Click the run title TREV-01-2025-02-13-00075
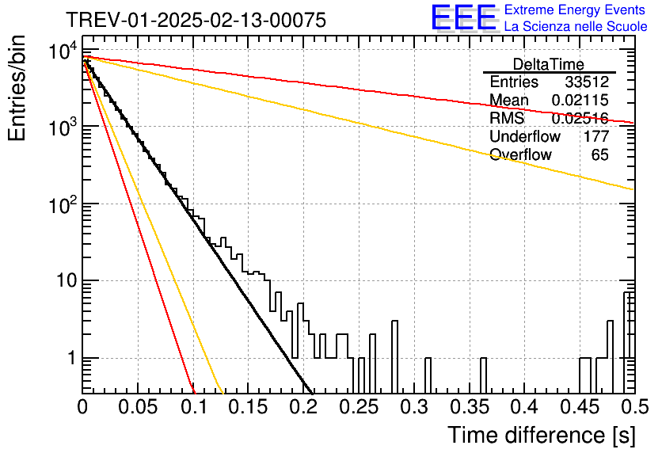tap(196, 20)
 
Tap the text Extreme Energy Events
tap(575, 10)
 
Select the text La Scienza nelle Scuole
tap(576, 26)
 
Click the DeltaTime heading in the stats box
tap(549, 64)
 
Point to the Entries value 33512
tap(587, 82)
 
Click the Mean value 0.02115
tap(580, 100)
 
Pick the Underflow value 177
tap(596, 136)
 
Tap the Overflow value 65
tap(600, 154)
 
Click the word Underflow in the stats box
tap(525, 136)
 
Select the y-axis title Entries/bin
tap(17, 88)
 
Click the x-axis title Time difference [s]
tap(542, 435)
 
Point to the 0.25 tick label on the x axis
tap(360, 407)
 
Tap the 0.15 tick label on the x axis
tap(249, 407)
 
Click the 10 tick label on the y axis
tap(67, 280)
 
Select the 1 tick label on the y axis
tap(71, 358)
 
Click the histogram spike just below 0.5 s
tap(627, 343)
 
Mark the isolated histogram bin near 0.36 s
tap(483, 375)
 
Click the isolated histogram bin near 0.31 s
tap(428, 375)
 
